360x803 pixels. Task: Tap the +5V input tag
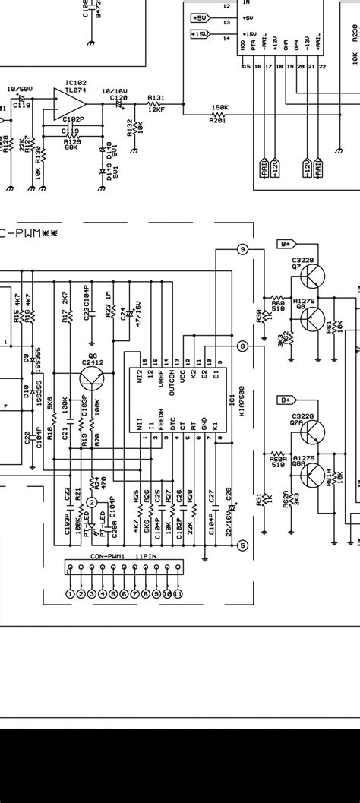coord(200,17)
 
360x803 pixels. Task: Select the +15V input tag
coord(200,34)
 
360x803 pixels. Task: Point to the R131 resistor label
coord(156,98)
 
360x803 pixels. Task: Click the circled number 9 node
coord(242,248)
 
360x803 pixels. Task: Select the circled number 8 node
coord(242,346)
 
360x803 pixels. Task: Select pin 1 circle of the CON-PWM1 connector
coord(71,593)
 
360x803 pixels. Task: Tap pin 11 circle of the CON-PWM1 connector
coord(178,593)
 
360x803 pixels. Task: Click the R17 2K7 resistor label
coord(65,310)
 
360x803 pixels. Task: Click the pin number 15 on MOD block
coord(245,68)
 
